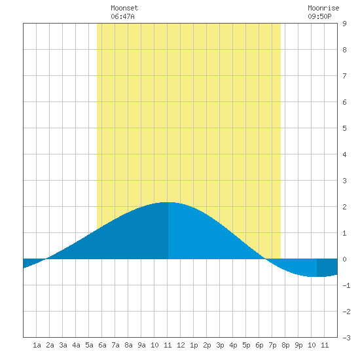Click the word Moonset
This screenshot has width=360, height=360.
(124, 8)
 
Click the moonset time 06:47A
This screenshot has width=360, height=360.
(122, 16)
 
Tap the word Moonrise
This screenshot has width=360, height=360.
(323, 8)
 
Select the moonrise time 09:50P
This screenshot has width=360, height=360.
(319, 16)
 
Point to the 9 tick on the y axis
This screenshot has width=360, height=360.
(344, 24)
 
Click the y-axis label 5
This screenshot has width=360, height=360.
(344, 128)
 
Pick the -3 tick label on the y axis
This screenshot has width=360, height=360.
(346, 338)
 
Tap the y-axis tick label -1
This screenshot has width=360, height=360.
(346, 285)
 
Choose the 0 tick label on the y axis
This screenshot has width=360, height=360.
(344, 259)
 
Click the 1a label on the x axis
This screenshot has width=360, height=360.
(37, 345)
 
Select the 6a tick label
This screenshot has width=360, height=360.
(102, 345)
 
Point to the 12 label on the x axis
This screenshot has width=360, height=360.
(181, 345)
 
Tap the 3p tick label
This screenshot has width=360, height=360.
(220, 345)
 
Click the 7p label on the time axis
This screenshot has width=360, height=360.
(272, 345)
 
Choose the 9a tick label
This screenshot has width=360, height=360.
(141, 345)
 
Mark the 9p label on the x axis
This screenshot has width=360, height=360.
(298, 345)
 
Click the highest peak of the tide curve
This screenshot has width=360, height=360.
(168, 202)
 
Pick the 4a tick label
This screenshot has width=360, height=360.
(76, 345)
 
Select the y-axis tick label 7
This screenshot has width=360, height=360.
(344, 76)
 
